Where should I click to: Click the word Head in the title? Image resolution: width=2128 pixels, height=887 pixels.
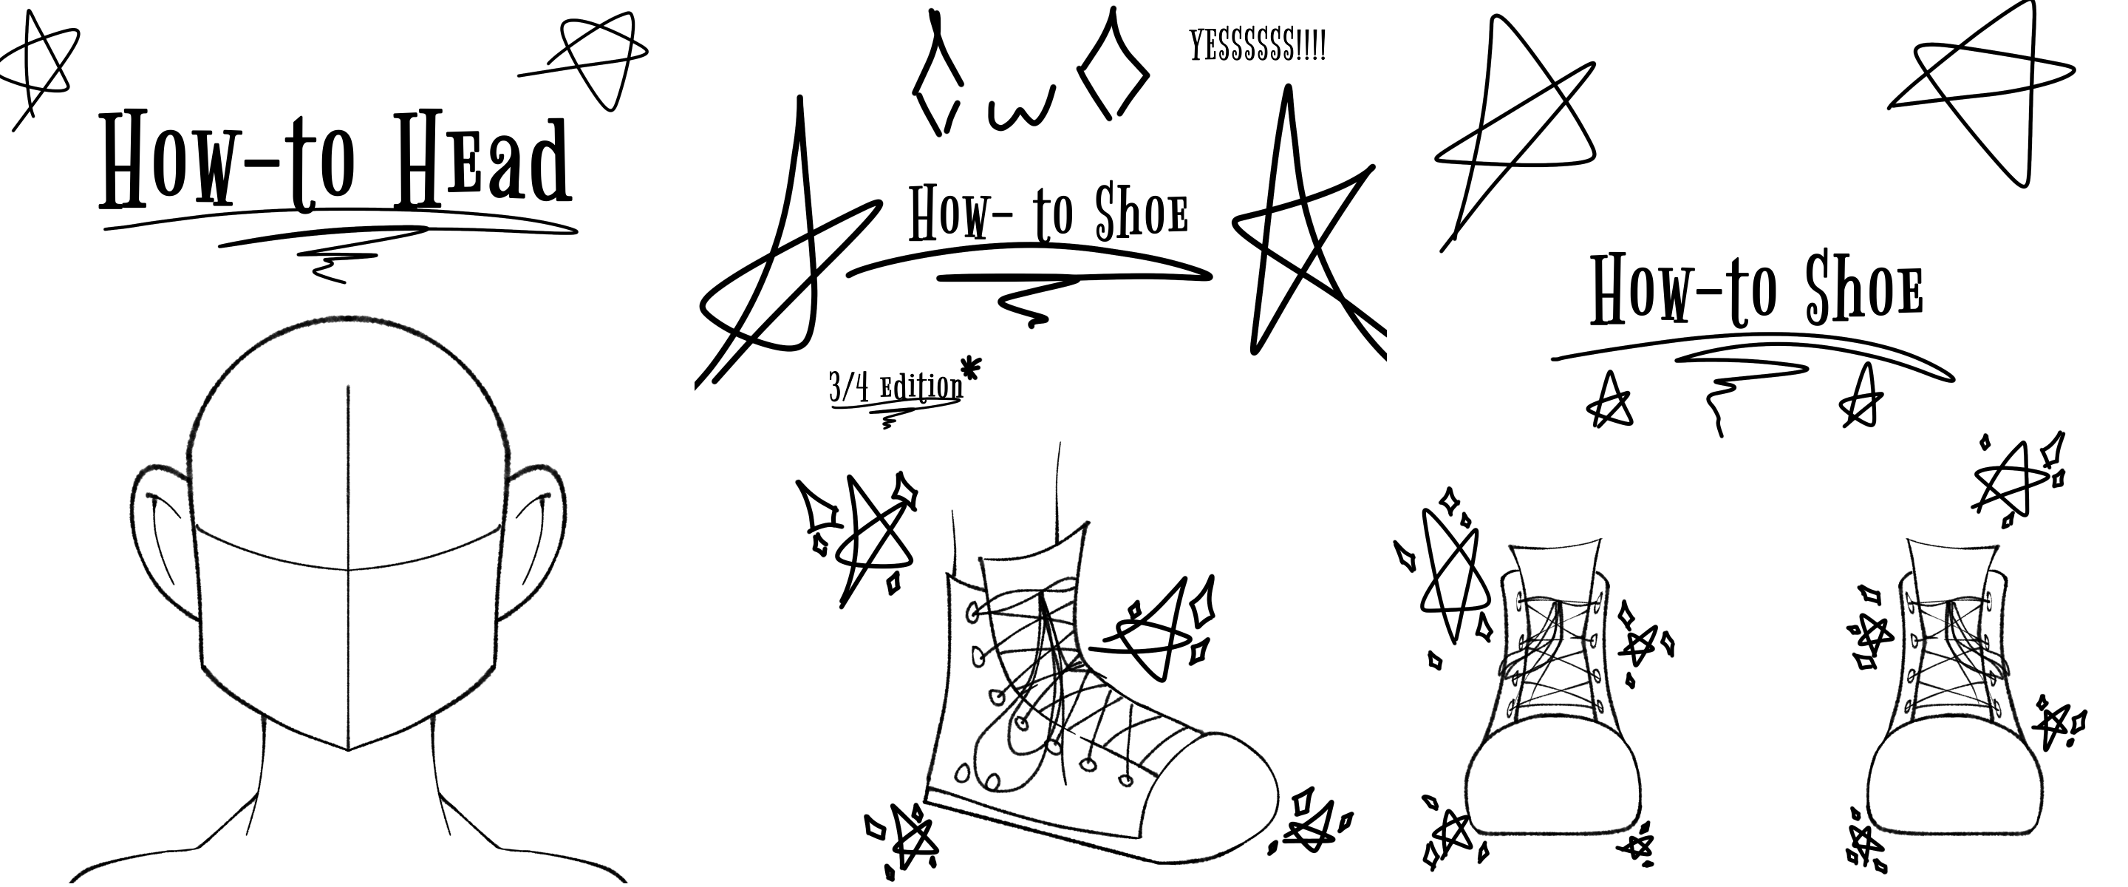[x=482, y=161]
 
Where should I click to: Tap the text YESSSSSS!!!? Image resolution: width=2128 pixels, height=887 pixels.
[x=1258, y=46]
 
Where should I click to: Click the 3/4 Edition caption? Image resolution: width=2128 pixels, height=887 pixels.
[x=896, y=387]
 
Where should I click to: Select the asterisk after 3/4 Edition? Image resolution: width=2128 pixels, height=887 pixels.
[x=972, y=367]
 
